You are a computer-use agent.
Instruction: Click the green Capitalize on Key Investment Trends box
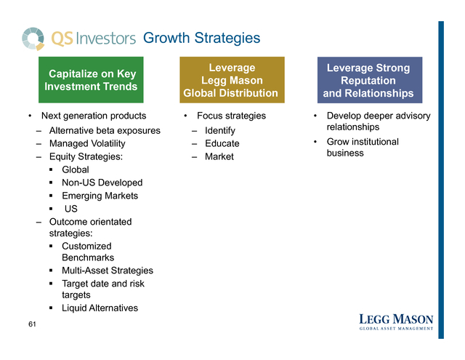tap(91, 80)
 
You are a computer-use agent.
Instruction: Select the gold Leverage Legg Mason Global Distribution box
tap(232, 80)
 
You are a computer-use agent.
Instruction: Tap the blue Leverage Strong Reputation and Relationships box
tap(370, 80)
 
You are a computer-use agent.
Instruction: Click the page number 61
tap(32, 324)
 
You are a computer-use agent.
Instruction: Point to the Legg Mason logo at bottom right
tap(396, 322)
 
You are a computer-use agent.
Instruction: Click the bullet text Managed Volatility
tap(87, 144)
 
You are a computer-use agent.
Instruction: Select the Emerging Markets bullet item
tap(100, 196)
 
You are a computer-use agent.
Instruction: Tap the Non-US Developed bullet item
tap(102, 183)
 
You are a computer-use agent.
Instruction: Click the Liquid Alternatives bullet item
tap(100, 308)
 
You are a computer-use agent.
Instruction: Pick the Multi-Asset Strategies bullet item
tap(108, 271)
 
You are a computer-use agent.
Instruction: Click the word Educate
tap(222, 143)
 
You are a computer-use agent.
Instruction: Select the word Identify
tap(220, 131)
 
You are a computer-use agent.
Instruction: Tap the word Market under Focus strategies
tap(219, 156)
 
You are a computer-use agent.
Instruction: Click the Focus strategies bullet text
tap(231, 116)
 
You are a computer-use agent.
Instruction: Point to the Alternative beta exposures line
tap(105, 131)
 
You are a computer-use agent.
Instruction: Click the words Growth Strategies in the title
tap(202, 39)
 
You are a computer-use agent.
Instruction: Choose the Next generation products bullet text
tap(94, 116)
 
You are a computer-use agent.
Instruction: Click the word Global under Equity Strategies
tap(76, 169)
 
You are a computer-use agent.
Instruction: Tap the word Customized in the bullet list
tap(86, 246)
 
